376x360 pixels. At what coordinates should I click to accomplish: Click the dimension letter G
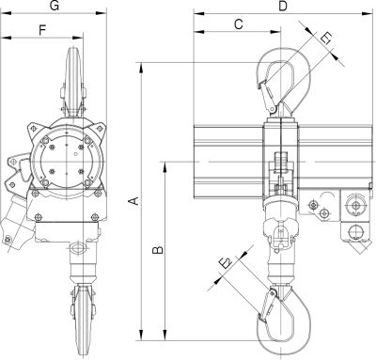tap(55, 8)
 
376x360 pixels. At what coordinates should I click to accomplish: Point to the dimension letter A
tap(134, 200)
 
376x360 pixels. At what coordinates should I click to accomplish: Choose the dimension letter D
tap(283, 7)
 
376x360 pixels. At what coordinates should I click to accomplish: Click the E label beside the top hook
tap(325, 39)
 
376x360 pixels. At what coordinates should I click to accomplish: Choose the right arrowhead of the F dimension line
tap(74, 38)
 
